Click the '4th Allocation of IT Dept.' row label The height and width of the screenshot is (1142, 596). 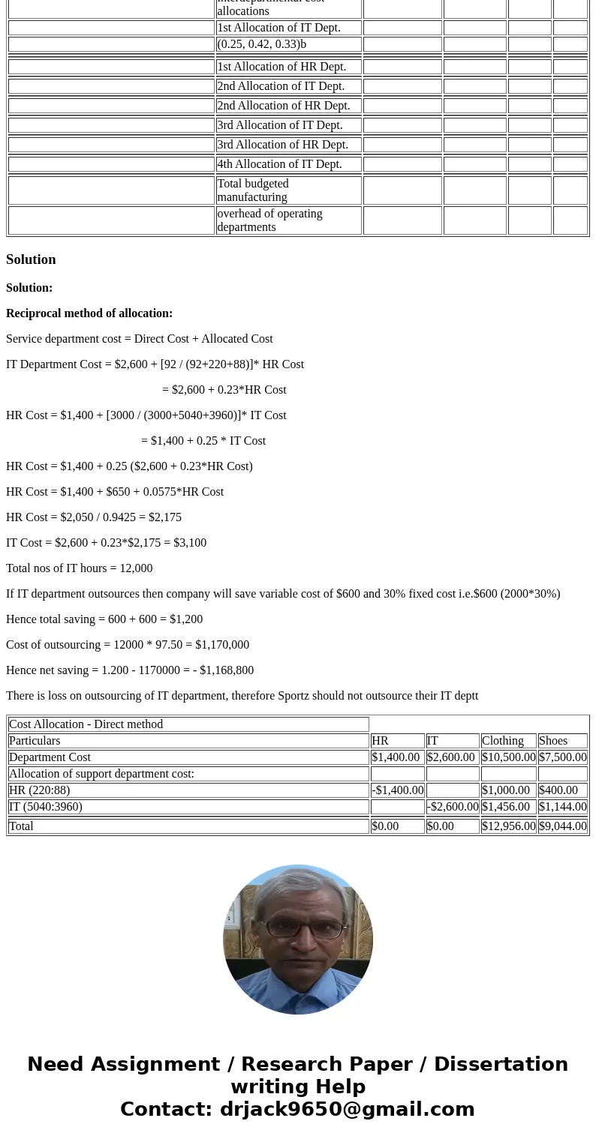click(x=279, y=164)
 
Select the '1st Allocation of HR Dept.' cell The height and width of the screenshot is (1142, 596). click(x=281, y=67)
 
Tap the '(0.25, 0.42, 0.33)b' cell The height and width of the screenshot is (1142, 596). click(x=261, y=44)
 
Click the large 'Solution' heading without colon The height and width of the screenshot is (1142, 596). click(x=31, y=259)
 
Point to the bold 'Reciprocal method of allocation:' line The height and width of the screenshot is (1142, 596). click(x=89, y=313)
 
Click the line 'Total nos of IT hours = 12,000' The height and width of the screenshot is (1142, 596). click(x=79, y=568)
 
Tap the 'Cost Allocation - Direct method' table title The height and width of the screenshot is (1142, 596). click(x=86, y=724)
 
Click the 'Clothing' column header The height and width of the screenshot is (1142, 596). click(x=502, y=741)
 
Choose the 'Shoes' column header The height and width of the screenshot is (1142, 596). click(x=553, y=741)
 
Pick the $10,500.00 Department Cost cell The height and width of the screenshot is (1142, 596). click(x=508, y=757)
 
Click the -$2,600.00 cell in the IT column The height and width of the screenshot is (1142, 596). click(x=453, y=807)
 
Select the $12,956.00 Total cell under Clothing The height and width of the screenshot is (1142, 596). click(x=508, y=826)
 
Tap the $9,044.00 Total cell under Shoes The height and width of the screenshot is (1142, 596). click(x=562, y=826)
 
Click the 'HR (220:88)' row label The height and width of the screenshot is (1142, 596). click(x=39, y=790)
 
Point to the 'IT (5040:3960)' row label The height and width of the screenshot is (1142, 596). click(x=46, y=807)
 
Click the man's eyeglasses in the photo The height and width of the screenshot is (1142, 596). click(x=297, y=928)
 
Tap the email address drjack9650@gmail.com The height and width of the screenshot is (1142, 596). click(x=347, y=1109)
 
